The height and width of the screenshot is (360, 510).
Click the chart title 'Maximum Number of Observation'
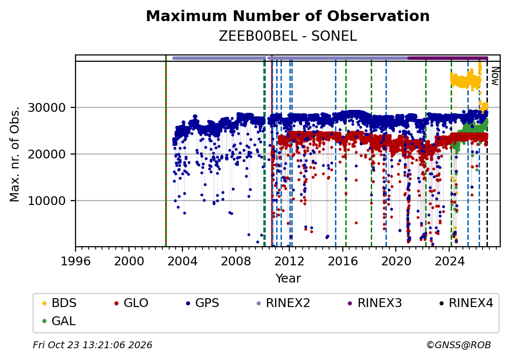pyautogui.click(x=288, y=16)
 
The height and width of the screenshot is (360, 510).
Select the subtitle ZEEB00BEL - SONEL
pyautogui.click(x=288, y=36)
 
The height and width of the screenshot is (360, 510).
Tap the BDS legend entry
pyautogui.click(x=59, y=303)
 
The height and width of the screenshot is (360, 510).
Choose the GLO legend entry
pyautogui.click(x=131, y=303)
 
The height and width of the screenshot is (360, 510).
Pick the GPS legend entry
pyautogui.click(x=203, y=303)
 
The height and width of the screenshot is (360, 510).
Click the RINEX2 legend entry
pyautogui.click(x=283, y=303)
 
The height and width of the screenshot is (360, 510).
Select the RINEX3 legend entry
pyautogui.click(x=375, y=303)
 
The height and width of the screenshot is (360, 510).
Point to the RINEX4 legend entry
pyautogui.click(x=466, y=303)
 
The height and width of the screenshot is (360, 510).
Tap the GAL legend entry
pyautogui.click(x=59, y=321)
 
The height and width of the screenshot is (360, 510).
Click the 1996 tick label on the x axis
pyautogui.click(x=76, y=261)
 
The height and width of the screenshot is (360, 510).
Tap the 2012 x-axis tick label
pyautogui.click(x=289, y=261)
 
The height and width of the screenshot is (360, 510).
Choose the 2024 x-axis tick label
pyautogui.click(x=450, y=261)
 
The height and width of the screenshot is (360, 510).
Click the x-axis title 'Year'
pyautogui.click(x=288, y=279)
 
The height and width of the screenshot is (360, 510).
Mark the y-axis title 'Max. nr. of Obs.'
pyautogui.click(x=15, y=154)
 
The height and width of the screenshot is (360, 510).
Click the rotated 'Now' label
pyautogui.click(x=495, y=76)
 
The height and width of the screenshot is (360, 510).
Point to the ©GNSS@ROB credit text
pyautogui.click(x=459, y=345)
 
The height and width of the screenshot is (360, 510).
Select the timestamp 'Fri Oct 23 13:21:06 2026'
pyautogui.click(x=93, y=345)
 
